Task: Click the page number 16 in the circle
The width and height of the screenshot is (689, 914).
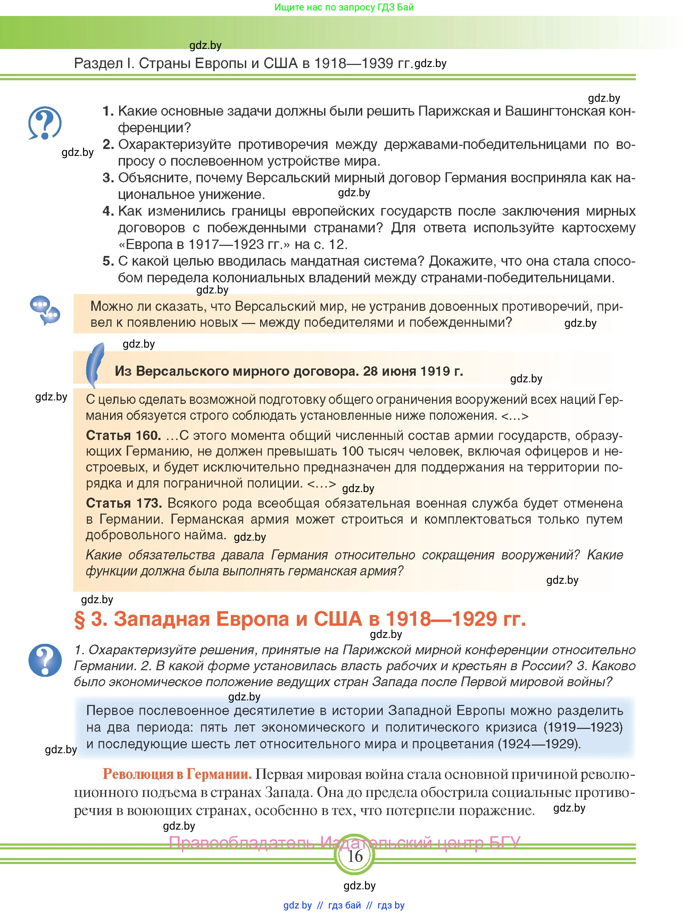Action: [x=355, y=856]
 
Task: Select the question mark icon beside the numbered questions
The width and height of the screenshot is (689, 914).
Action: [x=45, y=123]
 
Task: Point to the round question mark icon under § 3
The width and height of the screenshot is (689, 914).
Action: [x=45, y=660]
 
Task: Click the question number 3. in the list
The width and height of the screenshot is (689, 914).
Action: [x=108, y=178]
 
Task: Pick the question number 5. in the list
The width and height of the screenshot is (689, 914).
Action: [x=108, y=261]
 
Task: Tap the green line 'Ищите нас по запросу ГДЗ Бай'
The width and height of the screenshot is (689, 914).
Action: [x=344, y=7]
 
